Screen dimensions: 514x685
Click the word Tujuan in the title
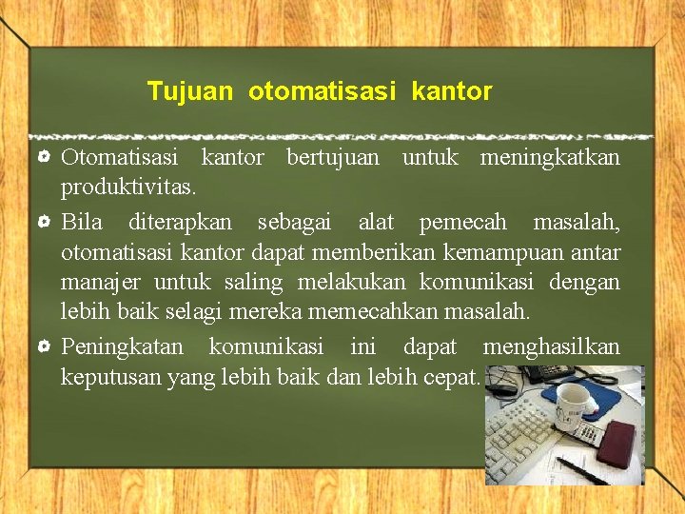189,92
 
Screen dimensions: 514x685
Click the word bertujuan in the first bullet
332,158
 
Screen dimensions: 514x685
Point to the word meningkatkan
550,158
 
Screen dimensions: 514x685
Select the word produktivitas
128,188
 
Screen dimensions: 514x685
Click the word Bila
81,222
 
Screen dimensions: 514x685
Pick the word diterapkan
181,222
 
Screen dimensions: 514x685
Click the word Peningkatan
122,346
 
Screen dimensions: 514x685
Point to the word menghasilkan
551,346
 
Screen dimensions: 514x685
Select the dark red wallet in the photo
619,440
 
